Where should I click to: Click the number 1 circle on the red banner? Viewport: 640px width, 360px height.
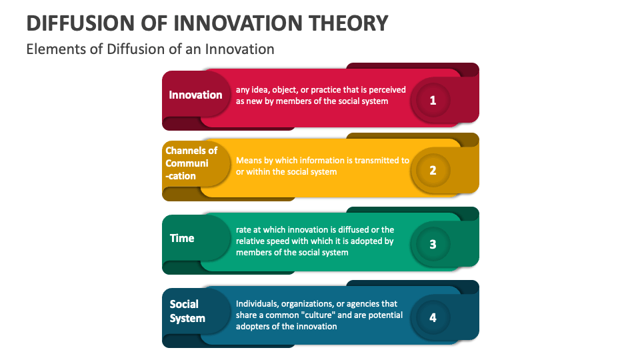pos(433,101)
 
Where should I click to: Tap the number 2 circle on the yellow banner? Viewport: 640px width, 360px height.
pos(433,170)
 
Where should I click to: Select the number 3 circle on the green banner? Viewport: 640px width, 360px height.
pos(433,244)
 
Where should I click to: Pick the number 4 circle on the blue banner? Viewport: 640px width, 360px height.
pos(433,317)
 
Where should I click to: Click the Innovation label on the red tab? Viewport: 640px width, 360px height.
pos(195,95)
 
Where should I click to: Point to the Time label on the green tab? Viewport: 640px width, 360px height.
pos(182,238)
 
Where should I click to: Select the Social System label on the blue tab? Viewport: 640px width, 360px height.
pos(187,311)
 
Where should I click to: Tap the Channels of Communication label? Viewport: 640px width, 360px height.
pos(191,163)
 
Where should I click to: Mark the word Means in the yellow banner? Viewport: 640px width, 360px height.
pos(249,161)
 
